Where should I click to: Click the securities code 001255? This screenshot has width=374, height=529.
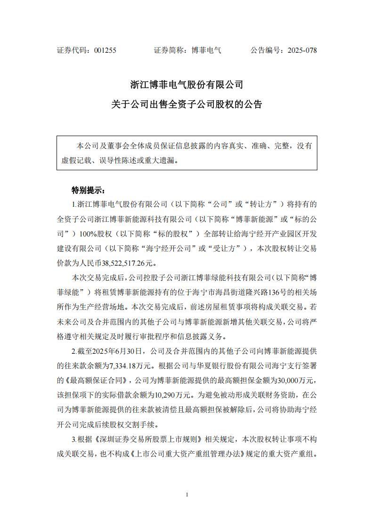point(105,50)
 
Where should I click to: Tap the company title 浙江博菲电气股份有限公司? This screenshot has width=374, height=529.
point(187,85)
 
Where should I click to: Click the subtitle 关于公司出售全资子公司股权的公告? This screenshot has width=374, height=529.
point(187,104)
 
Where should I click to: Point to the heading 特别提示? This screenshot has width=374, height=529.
point(89,191)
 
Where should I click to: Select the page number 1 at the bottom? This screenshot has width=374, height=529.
point(187,495)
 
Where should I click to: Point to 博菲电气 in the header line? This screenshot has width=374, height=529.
point(206,50)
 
